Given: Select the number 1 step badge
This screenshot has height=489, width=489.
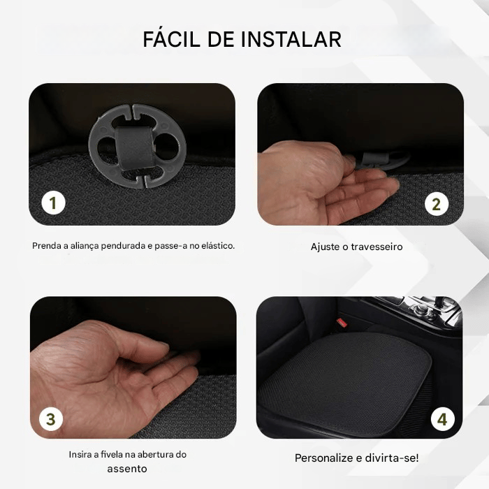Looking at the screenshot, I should [x=53, y=203].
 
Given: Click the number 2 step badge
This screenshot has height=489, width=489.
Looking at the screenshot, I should [x=437, y=204].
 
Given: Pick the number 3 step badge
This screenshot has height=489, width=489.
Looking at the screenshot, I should [x=50, y=420].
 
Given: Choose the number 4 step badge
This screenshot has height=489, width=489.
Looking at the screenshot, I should [x=441, y=419].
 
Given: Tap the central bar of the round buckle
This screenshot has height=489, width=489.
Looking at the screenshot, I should [x=136, y=145].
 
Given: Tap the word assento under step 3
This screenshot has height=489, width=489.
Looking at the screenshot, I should [x=127, y=469].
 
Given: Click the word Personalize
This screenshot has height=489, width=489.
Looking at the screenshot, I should [x=324, y=458].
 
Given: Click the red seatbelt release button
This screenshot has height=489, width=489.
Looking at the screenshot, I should [x=342, y=322].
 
